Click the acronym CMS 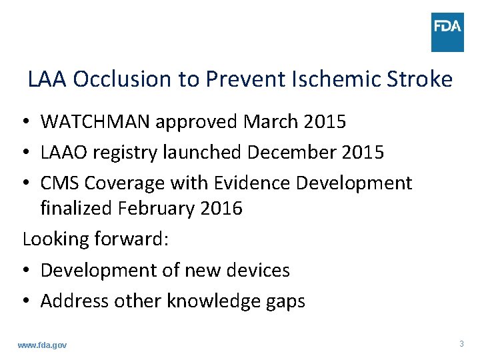click(61, 183)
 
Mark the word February click(157, 209)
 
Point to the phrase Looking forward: click(95, 239)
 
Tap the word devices click(259, 270)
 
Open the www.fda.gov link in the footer click(42, 345)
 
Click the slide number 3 click(461, 344)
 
